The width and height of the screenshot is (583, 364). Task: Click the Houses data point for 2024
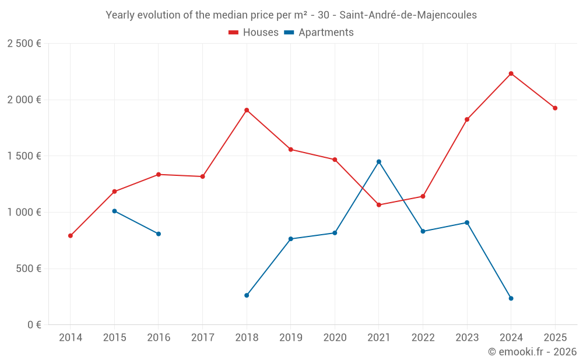[511, 73]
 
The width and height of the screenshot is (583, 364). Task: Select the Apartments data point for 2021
[379, 161]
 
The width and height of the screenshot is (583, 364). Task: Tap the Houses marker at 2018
[247, 110]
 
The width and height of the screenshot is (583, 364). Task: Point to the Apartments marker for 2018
[247, 295]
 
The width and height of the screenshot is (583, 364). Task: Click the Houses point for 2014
[71, 236]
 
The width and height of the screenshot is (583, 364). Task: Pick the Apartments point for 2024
[511, 298]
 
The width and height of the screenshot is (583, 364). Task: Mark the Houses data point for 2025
[555, 108]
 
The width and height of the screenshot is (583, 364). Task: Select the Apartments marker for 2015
[114, 211]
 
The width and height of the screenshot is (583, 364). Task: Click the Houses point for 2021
[379, 205]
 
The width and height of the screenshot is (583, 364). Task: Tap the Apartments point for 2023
[467, 222]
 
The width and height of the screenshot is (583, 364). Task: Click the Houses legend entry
[254, 33]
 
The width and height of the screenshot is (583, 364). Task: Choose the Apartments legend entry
[319, 33]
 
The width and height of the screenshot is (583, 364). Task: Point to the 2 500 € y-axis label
[24, 44]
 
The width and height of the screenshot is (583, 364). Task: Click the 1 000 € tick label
[24, 213]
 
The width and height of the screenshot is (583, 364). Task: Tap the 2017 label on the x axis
[202, 337]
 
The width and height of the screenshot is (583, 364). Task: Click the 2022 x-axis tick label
[423, 337]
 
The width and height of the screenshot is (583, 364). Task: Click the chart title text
[291, 15]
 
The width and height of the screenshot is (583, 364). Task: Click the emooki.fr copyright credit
[532, 352]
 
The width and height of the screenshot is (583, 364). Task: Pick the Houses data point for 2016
[159, 174]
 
